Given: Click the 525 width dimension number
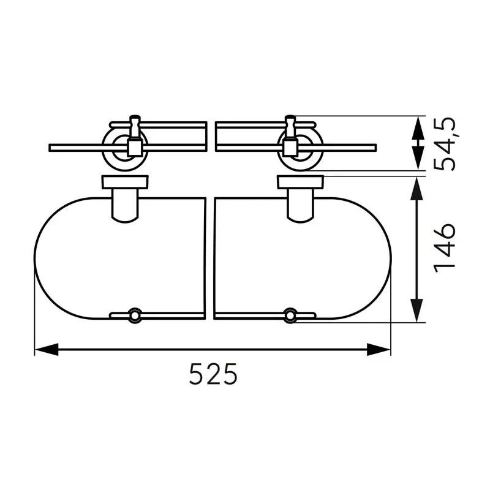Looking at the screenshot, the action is (213, 374).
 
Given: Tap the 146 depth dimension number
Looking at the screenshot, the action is (445, 248).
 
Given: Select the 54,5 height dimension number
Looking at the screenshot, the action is (446, 145).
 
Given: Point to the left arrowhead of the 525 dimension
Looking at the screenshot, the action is (47, 349).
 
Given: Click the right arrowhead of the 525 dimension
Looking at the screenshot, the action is (379, 349).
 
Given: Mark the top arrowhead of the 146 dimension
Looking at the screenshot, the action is (417, 189).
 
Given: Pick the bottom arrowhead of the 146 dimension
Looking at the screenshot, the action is (417, 311).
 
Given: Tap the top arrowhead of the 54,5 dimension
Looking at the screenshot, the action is (417, 128).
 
